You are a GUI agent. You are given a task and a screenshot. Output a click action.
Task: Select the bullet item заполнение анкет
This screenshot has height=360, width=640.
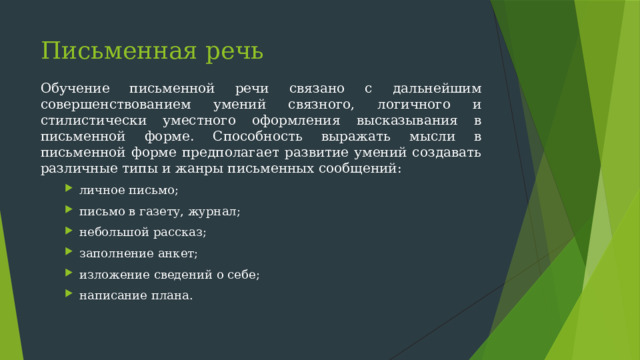[x=138, y=253]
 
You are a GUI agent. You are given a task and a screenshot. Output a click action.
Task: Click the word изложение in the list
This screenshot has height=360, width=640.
[x=112, y=274]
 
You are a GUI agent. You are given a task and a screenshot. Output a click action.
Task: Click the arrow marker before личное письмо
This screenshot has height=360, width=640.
[x=69, y=190]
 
